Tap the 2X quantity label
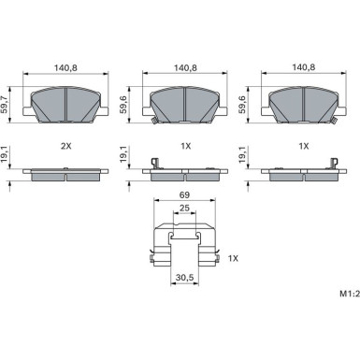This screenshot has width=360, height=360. point(66,147)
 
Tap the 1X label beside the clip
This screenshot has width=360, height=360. point(233,257)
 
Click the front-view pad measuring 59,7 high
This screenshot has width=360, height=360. point(67,103)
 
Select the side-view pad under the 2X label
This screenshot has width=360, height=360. point(67,172)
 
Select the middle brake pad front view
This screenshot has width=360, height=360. point(185,103)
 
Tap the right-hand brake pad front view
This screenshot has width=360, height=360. point(303,103)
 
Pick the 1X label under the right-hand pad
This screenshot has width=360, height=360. point(303,147)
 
